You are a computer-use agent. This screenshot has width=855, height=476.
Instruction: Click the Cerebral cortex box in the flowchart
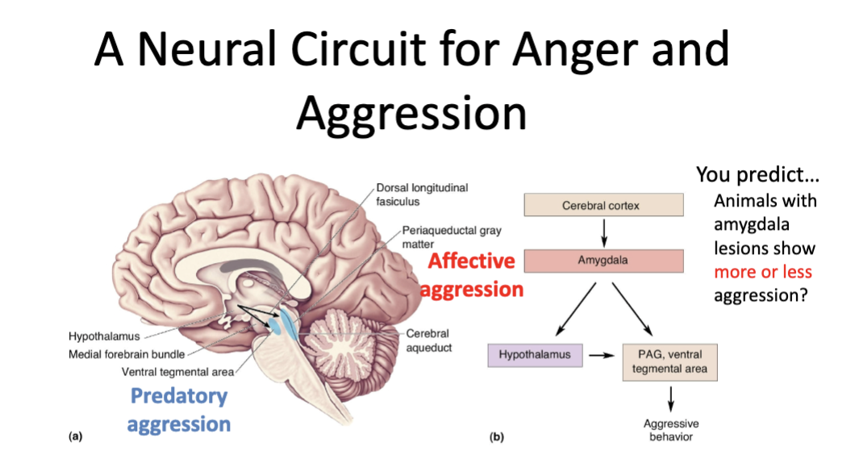pyautogui.click(x=603, y=205)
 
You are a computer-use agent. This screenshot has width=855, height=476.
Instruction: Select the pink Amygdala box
pyautogui.click(x=603, y=261)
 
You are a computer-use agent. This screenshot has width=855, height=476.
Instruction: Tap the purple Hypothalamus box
pyautogui.click(x=535, y=354)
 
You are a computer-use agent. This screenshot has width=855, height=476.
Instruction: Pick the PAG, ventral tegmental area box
pyautogui.click(x=669, y=361)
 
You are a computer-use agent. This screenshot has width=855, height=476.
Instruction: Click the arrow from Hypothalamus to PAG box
pyautogui.click(x=603, y=355)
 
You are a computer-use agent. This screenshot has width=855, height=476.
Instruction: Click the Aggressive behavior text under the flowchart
pyautogui.click(x=670, y=430)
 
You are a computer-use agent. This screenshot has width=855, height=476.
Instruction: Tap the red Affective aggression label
pyautogui.click(x=472, y=275)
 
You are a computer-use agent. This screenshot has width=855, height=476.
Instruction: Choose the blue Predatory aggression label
pyautogui.click(x=179, y=410)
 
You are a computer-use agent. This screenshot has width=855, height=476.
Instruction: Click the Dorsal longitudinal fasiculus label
pyautogui.click(x=422, y=194)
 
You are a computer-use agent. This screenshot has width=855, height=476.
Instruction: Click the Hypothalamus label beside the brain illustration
pyautogui.click(x=104, y=336)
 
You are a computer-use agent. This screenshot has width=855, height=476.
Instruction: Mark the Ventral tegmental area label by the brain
pyautogui.click(x=177, y=372)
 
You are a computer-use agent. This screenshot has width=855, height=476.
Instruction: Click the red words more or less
pyautogui.click(x=762, y=272)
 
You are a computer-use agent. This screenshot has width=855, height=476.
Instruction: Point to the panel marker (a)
pyautogui.click(x=75, y=436)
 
